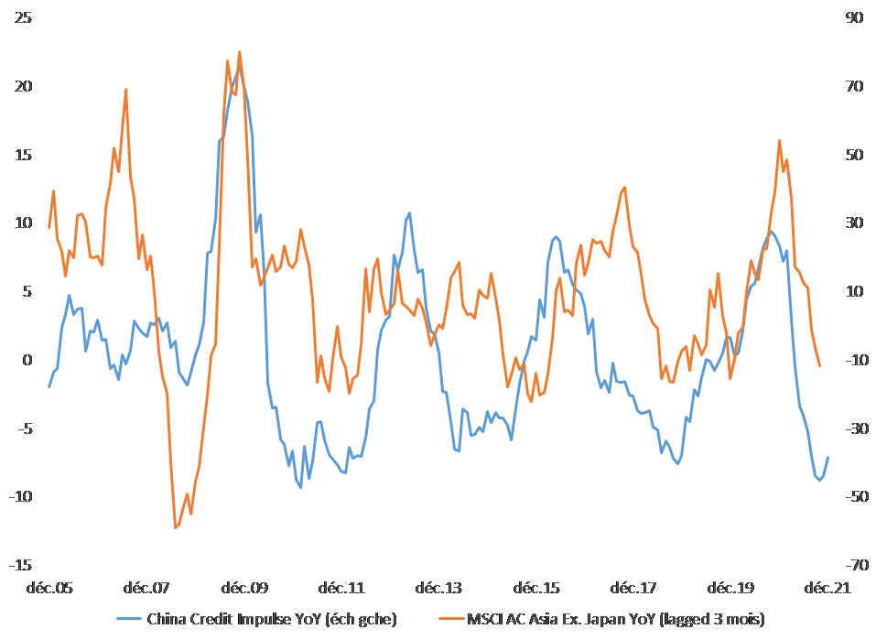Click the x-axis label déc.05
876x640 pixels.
tap(51, 588)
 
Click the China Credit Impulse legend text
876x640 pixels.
tap(272, 620)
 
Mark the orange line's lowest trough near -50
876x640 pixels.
tap(176, 527)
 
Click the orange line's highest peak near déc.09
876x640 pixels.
tap(240, 52)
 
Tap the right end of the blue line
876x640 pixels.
tap(827, 457)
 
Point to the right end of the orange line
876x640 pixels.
tap(819, 365)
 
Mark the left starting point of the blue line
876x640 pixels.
tap(49, 386)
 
